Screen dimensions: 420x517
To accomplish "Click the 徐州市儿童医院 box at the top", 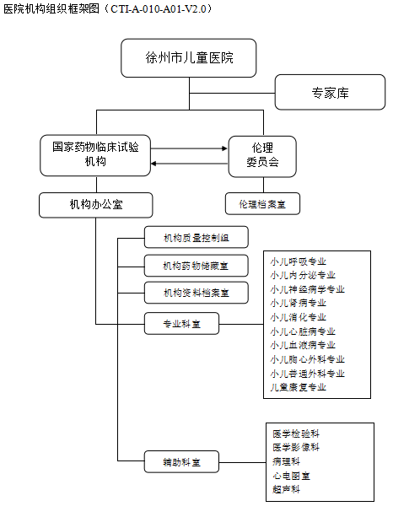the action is pyautogui.click(x=189, y=58).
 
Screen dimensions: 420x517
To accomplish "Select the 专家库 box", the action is pyautogui.click(x=330, y=92).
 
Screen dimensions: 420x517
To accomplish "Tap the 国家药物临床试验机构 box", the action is pyautogui.click(x=95, y=155).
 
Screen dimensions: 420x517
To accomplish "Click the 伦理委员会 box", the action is pyautogui.click(x=262, y=157).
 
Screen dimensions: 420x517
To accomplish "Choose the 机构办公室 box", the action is pyautogui.click(x=96, y=205).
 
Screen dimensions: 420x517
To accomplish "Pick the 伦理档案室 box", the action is pyautogui.click(x=263, y=204).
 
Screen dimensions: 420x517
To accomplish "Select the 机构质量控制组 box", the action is pyautogui.click(x=197, y=237).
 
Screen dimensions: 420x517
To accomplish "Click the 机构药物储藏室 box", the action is pyautogui.click(x=197, y=266).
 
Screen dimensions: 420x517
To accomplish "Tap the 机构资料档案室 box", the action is pyautogui.click(x=197, y=293).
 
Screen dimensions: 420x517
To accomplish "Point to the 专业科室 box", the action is pyautogui.click(x=181, y=324).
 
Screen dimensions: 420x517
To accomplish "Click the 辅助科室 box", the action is pyautogui.click(x=181, y=461).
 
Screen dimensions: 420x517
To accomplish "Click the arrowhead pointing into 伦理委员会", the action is pyautogui.click(x=225, y=148).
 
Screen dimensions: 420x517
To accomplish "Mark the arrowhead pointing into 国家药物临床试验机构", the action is pyautogui.click(x=153, y=164).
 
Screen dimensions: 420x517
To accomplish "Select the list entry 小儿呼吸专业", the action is pyautogui.click(x=298, y=261).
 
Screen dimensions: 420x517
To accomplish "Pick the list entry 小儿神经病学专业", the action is pyautogui.click(x=307, y=289).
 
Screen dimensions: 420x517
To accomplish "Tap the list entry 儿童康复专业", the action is pyautogui.click(x=298, y=387).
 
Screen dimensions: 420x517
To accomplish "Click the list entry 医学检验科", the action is pyautogui.click(x=296, y=434).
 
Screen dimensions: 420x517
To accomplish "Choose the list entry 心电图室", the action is pyautogui.click(x=292, y=476).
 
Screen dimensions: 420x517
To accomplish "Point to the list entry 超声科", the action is pyautogui.click(x=287, y=489).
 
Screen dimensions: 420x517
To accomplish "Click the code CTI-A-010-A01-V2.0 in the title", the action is pyautogui.click(x=159, y=9).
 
